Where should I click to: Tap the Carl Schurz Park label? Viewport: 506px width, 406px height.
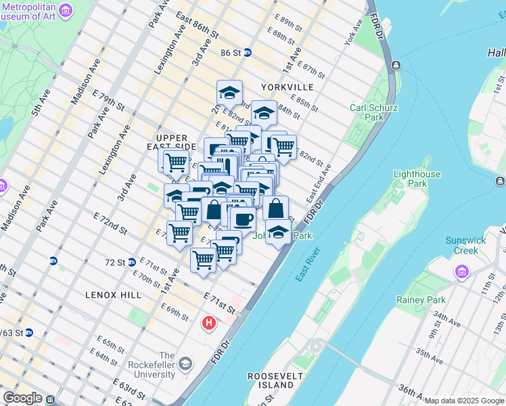pos(373,112)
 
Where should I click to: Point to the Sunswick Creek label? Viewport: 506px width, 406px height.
pos(466,246)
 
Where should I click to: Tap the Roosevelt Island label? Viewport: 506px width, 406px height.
pos(271,380)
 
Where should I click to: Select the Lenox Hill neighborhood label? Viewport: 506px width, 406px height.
pos(113,295)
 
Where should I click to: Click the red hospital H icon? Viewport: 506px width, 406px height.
pos(209,323)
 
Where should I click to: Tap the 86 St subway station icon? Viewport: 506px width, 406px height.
pos(248,52)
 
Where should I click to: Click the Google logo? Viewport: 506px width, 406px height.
pos(22,398)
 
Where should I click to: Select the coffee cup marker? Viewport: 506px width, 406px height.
pos(243,219)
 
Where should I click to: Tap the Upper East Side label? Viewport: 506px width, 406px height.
pos(166,142)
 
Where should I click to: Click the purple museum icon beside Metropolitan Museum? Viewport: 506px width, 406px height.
pos(66,10)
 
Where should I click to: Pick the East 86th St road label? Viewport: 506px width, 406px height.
pos(197,25)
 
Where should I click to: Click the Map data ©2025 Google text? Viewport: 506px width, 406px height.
pos(464,401)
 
